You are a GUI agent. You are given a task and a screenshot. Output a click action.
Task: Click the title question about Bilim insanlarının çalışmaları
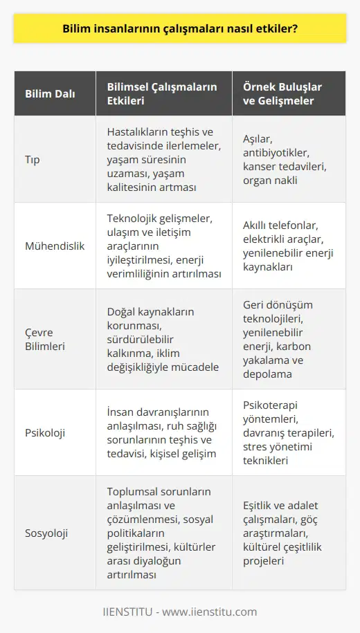pyautogui.click(x=180, y=30)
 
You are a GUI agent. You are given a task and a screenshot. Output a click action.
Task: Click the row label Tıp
pyautogui.click(x=32, y=158)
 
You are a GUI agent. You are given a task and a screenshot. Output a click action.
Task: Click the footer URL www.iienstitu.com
pyautogui.click(x=215, y=612)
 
